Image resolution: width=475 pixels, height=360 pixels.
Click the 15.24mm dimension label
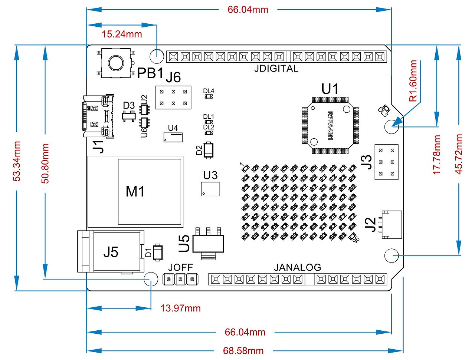point(122,34)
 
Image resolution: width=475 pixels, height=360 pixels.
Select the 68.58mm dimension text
point(243,350)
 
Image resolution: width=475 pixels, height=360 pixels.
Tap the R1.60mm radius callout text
point(413,81)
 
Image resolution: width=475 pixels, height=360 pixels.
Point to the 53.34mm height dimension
point(17,161)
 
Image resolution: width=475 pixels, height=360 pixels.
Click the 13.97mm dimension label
point(180,308)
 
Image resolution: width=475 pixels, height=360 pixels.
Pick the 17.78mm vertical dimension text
point(437,155)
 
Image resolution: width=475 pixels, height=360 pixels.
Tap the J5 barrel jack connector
point(111,252)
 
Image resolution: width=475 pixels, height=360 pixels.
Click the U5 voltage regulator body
point(208,243)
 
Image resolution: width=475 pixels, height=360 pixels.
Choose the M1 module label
point(135,192)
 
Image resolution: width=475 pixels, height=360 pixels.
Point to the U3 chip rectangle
point(211,189)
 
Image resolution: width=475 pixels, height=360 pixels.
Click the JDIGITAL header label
point(276,69)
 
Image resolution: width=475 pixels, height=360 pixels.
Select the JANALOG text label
point(297,267)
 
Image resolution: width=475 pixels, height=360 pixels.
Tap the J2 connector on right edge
point(392,224)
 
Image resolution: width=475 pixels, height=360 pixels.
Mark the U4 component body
point(173,138)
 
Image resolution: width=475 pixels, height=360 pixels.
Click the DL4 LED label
point(209,91)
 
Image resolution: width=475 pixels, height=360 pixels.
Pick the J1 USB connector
point(98,116)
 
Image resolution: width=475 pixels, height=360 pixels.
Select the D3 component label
point(129,106)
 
